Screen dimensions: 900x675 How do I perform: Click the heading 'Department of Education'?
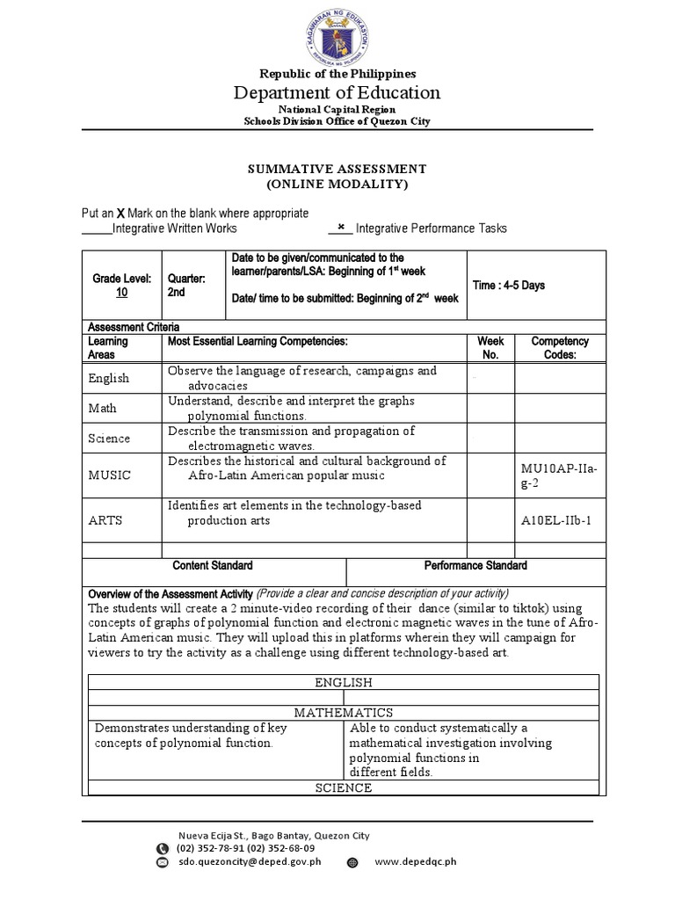337,92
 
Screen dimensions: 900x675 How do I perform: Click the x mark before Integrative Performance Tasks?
340,227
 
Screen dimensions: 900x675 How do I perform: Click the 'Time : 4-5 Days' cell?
510,286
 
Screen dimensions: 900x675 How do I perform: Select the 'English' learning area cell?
108,378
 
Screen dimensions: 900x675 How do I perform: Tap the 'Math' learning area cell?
102,408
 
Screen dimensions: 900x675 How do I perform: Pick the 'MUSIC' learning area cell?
109,475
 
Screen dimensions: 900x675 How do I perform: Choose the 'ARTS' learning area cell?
105,520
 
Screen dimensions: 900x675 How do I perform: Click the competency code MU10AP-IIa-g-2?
559,475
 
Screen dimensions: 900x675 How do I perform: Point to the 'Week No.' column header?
490,347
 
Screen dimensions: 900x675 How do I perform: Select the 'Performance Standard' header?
475,565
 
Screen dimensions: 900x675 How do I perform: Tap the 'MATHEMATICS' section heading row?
344,713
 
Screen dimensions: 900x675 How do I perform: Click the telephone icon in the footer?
162,849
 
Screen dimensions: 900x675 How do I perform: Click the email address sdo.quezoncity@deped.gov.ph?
249,862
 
